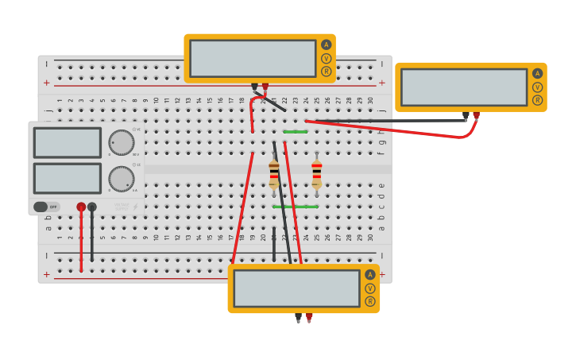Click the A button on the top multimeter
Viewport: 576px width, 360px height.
[x=326, y=45]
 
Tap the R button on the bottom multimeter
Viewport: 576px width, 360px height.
[x=370, y=301]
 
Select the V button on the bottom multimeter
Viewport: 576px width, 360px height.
[x=370, y=288]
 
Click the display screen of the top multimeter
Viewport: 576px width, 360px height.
[x=253, y=58]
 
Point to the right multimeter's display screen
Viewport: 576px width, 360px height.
[x=464, y=87]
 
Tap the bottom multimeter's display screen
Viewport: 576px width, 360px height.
[x=296, y=288]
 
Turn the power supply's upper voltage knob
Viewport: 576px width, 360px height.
[x=121, y=142]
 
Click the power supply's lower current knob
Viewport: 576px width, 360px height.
[x=121, y=179]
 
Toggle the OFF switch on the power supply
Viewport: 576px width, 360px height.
[x=46, y=207]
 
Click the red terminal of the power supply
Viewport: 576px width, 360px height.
[x=81, y=207]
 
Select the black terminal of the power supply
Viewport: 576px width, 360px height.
[x=92, y=207]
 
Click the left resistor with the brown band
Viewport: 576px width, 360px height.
[x=274, y=174]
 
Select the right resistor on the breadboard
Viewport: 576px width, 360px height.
[x=317, y=174]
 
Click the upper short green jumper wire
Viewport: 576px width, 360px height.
[x=296, y=131]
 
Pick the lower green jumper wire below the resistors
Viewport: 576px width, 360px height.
[x=296, y=207]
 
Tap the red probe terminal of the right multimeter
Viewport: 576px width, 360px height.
[x=476, y=115]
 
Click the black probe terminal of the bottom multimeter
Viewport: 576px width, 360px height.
[x=298, y=316]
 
